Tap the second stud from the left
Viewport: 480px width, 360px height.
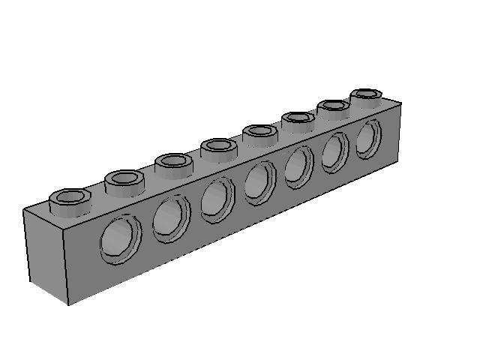[x=124, y=181]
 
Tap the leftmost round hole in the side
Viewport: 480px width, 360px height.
[x=120, y=239]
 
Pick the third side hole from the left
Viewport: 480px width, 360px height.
[x=217, y=199]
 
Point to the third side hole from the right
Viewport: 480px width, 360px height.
[x=298, y=166]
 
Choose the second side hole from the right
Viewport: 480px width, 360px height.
[x=335, y=152]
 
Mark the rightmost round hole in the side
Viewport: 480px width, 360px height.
[x=368, y=139]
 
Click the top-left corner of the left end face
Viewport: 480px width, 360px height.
[x=23, y=211]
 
